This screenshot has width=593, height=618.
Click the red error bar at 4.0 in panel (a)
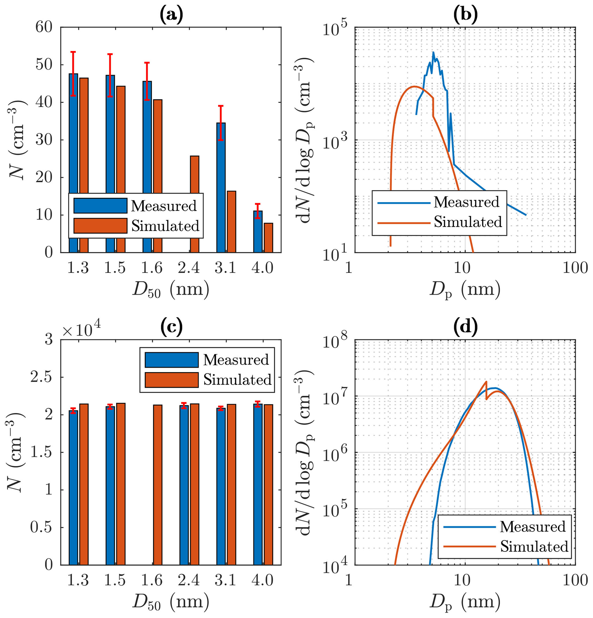click(258, 211)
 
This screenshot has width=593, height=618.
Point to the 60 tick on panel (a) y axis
click(44, 27)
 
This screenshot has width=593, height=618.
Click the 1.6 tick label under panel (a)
click(151, 268)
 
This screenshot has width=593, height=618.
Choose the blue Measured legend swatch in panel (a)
click(100, 206)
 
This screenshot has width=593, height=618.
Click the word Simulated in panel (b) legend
click(468, 222)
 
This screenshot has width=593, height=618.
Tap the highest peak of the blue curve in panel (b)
click(433, 52)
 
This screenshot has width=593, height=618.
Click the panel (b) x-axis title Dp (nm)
click(464, 290)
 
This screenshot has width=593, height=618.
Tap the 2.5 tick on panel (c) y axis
click(41, 377)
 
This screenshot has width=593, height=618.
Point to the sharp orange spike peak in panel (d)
click(486, 382)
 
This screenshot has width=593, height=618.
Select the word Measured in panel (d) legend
click(533, 527)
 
